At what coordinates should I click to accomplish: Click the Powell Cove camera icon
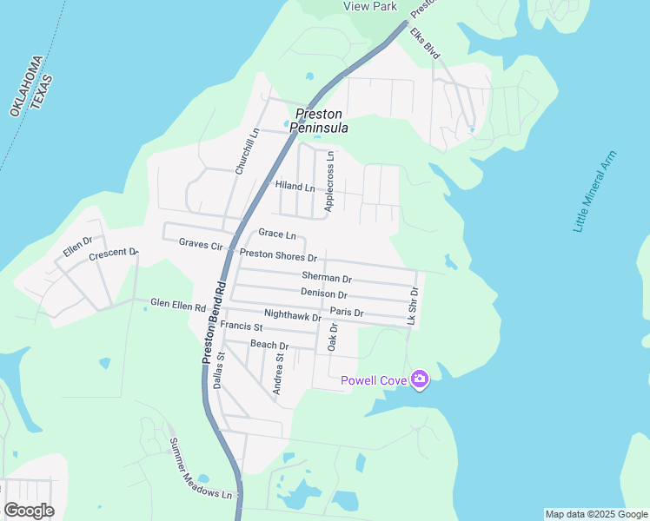[x=420, y=379]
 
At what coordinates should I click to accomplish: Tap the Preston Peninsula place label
[x=319, y=121]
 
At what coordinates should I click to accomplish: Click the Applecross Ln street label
[x=329, y=181]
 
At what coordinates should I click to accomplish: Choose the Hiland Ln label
[x=295, y=187]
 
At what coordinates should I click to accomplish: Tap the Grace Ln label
[x=277, y=234]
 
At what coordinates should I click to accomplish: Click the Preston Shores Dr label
[x=278, y=256]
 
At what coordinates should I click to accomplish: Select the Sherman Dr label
[x=327, y=279]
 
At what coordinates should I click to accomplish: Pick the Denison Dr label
[x=324, y=295]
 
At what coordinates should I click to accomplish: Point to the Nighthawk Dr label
[x=292, y=317]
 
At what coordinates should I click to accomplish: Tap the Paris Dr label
[x=347, y=313]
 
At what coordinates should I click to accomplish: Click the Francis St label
[x=242, y=326]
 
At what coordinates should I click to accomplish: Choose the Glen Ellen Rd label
[x=177, y=306]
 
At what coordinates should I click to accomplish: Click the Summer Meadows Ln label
[x=202, y=469]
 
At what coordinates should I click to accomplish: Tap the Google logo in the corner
[x=29, y=511]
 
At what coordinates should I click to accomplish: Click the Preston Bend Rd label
[x=209, y=325]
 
